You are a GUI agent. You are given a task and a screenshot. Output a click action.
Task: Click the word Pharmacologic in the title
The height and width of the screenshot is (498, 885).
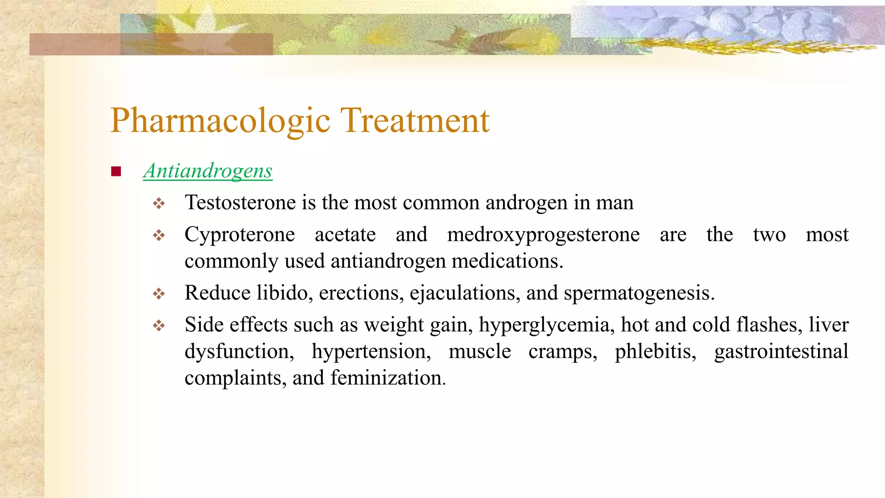pos(220,121)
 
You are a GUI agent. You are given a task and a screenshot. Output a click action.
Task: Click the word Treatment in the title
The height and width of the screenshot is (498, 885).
pos(415,120)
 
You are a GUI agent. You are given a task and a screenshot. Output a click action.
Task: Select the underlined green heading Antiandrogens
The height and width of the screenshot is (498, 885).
pos(208,171)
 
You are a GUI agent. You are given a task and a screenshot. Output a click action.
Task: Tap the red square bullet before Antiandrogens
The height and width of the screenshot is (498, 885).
pos(116,172)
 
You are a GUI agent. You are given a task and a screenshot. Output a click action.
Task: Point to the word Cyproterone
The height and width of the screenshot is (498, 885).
pos(239,235)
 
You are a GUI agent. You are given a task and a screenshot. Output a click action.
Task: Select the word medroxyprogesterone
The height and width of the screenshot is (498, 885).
pos(543,235)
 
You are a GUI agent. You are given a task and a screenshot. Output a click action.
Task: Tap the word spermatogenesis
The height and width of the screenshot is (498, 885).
pos(639,294)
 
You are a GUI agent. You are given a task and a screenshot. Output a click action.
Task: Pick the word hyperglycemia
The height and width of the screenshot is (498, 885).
pos(546,325)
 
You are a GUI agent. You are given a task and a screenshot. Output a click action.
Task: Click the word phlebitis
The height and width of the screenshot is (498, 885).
pos(655,351)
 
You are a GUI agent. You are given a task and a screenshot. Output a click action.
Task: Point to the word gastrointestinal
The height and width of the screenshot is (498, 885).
pos(781,351)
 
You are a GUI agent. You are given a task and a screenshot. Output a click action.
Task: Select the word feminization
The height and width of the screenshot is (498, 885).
pos(388,378)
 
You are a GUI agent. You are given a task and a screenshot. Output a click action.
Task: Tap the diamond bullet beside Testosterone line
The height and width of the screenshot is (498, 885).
pos(159,203)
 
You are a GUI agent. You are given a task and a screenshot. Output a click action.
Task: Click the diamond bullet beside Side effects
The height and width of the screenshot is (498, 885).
pos(159,326)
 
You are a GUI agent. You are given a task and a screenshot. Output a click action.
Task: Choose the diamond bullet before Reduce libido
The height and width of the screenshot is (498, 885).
pos(159,294)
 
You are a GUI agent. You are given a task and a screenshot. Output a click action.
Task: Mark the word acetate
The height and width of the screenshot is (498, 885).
pos(345,235)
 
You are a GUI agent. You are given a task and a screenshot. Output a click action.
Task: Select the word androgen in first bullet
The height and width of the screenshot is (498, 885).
pos(526,203)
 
